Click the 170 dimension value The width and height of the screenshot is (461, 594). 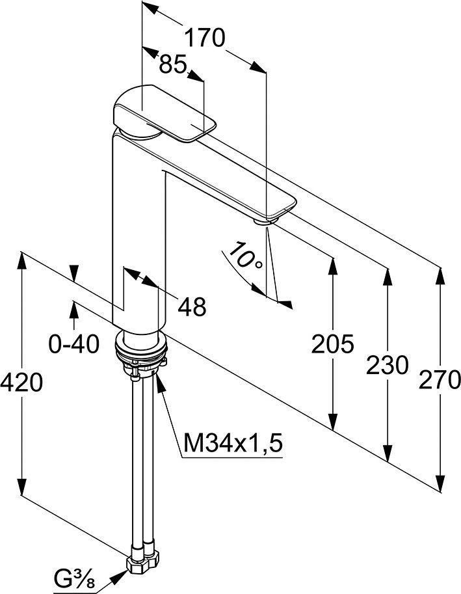pyautogui.click(x=205, y=38)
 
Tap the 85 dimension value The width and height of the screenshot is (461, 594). pyautogui.click(x=172, y=64)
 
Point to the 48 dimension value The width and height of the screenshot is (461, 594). pyautogui.click(x=192, y=307)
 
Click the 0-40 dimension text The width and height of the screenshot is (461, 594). pyautogui.click(x=74, y=344)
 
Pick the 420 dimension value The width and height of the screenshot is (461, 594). pyautogui.click(x=21, y=383)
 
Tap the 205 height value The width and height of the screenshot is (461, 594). pyautogui.click(x=332, y=344)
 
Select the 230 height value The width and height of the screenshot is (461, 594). pyautogui.click(x=387, y=366)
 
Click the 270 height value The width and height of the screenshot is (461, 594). pyautogui.click(x=440, y=379)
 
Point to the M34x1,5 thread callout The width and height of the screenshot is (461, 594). pyautogui.click(x=233, y=443)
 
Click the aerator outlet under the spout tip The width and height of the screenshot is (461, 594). pyautogui.click(x=267, y=221)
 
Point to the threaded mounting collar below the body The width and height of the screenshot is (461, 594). pyautogui.click(x=141, y=350)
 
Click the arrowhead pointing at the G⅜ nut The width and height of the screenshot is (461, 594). pyautogui.click(x=119, y=574)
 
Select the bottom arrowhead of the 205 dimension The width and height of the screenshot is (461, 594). pyautogui.click(x=333, y=422)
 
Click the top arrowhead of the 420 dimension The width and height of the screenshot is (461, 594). pyautogui.click(x=22, y=261)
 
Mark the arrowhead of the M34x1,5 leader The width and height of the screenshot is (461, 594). pyautogui.click(x=159, y=381)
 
